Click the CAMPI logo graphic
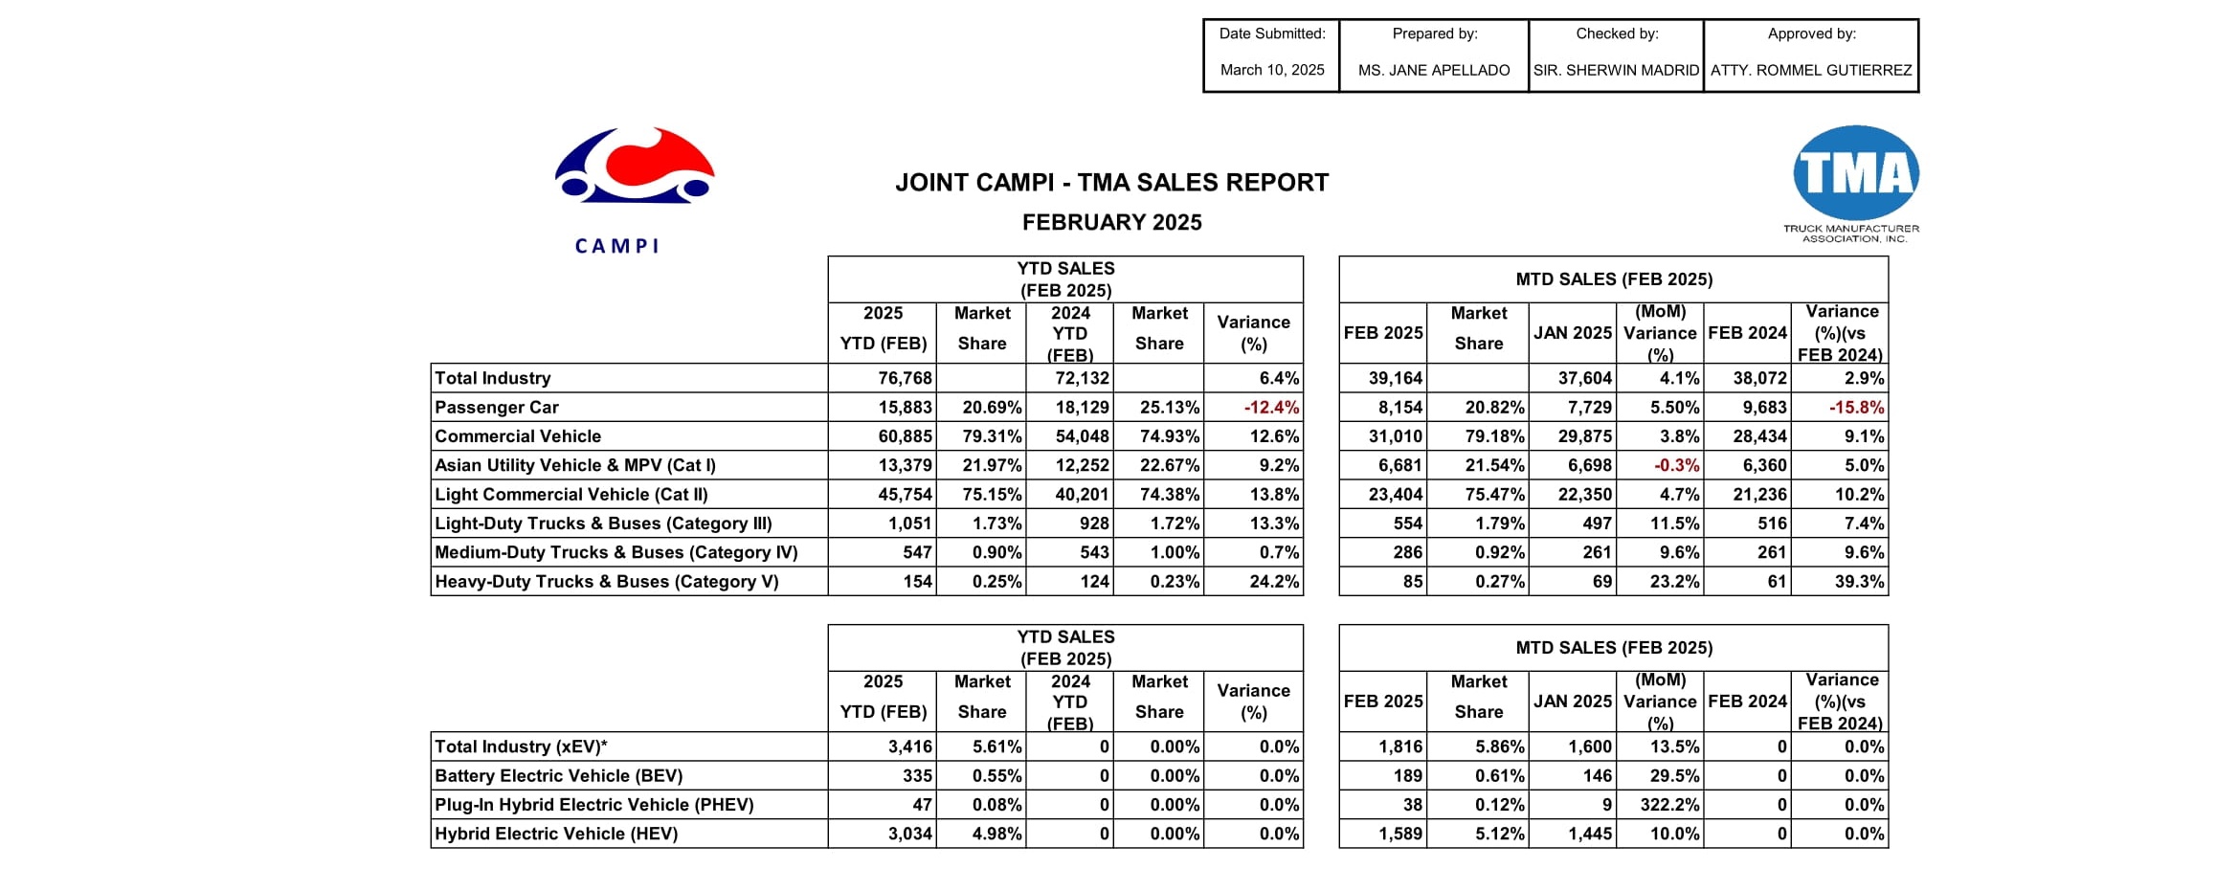[x=634, y=167]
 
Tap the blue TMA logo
[x=1855, y=173]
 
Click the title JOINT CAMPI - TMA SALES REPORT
[x=1111, y=183]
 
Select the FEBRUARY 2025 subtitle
[x=1111, y=223]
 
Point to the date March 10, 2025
[x=1271, y=70]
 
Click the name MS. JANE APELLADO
[x=1433, y=70]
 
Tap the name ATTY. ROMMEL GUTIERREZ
[x=1811, y=70]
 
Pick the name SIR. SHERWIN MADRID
[x=1616, y=70]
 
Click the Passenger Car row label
[x=497, y=408]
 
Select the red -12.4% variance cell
[x=1271, y=408]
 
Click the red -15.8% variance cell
[x=1856, y=408]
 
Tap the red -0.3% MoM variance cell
[x=1676, y=466]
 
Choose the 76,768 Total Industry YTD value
[x=905, y=379]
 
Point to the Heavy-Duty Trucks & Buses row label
[x=607, y=582]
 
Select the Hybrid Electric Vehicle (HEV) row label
[x=556, y=834]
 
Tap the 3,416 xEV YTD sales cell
[x=909, y=747]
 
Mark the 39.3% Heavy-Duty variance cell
[x=1859, y=582]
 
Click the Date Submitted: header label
[x=1271, y=33]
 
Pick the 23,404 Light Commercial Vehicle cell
[x=1395, y=495]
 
